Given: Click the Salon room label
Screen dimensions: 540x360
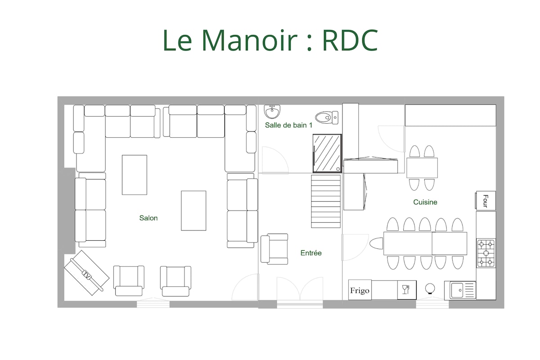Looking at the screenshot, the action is [x=148, y=218].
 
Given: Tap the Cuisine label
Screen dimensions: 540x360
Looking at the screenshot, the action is [x=425, y=202].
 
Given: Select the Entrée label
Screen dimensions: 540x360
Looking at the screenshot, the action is [x=311, y=253].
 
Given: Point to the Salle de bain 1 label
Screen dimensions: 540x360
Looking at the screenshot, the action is [x=288, y=125].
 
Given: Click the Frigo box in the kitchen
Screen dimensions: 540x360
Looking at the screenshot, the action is [x=360, y=290].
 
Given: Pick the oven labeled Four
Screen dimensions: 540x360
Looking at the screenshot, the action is [x=486, y=201].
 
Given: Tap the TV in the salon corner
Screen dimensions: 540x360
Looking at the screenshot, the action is [x=86, y=273].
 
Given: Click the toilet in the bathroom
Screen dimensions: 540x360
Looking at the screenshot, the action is [x=327, y=117].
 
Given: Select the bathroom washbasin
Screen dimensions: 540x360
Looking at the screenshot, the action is [x=272, y=112].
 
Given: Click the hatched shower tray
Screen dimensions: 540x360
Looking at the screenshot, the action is [x=327, y=153].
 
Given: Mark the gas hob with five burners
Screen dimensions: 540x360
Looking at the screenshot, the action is [x=486, y=253].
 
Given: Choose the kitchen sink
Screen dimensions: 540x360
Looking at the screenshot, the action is [x=460, y=290].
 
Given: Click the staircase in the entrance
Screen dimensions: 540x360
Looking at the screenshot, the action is [x=326, y=201].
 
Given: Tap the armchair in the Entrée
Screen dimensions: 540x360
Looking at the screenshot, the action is [x=274, y=249].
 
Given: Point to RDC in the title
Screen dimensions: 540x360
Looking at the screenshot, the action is [x=350, y=40].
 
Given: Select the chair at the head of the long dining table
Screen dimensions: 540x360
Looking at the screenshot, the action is [x=376, y=243].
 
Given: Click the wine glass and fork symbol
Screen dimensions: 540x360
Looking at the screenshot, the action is [x=407, y=290].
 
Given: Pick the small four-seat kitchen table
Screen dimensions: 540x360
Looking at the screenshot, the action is [x=422, y=168].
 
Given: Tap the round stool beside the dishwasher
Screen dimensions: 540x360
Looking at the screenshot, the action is [x=430, y=288].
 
